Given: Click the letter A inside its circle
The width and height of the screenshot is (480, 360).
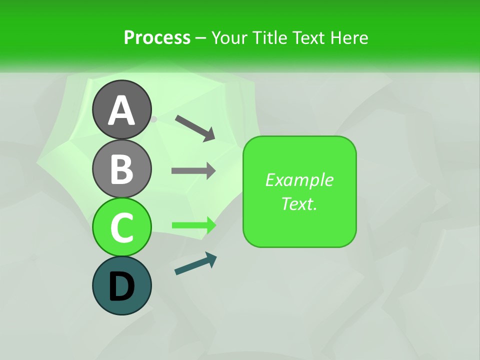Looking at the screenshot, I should point(121,110).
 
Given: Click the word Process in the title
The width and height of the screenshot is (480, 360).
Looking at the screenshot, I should point(157,37).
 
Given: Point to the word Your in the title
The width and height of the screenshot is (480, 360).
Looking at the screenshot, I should point(229,37).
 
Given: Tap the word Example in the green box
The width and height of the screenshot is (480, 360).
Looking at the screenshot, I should point(299,180).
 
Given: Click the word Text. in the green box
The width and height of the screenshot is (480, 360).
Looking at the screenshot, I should point(299,203).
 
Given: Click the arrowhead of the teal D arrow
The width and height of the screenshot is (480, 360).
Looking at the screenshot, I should point(211,258).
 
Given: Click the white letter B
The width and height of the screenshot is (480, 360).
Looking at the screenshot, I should point(121,169).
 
